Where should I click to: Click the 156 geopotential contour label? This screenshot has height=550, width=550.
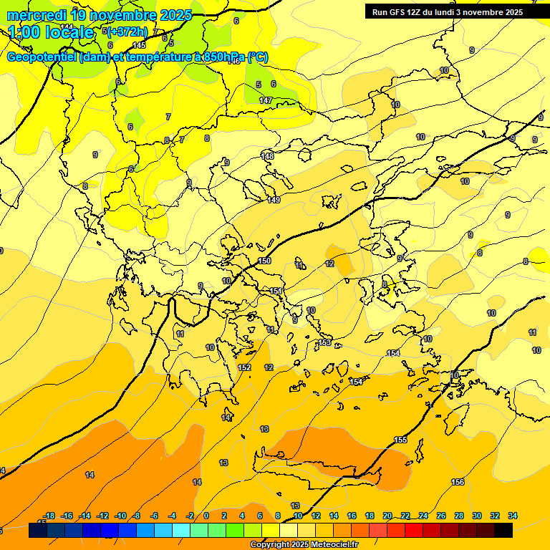click(458, 482)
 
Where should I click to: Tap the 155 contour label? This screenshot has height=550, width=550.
click(400, 440)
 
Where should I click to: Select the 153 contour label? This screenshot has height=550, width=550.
click(325, 343)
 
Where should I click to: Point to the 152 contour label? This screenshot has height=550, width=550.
click(244, 367)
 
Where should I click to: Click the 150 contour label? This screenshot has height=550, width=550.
click(264, 261)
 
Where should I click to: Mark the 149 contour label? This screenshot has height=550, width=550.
click(274, 200)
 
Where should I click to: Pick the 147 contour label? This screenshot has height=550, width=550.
click(265, 101)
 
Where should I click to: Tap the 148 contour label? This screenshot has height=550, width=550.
click(268, 156)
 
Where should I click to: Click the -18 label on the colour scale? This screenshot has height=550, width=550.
click(49, 516)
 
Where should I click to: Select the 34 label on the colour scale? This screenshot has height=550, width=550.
click(513, 516)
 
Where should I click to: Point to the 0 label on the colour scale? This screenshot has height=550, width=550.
click(206, 516)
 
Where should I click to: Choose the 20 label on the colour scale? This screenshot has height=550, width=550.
click(387, 516)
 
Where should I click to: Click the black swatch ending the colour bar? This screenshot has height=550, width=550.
click(503, 530)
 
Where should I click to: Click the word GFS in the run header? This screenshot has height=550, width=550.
click(396, 12)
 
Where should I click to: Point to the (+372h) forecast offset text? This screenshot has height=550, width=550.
click(127, 32)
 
